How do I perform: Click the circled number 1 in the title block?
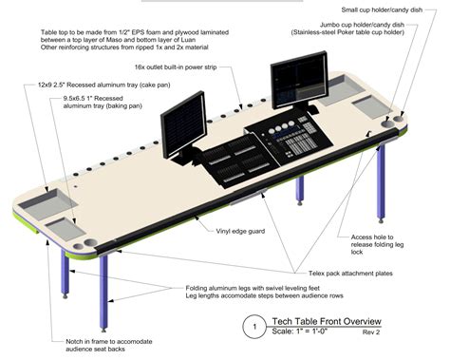coord(253,326)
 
